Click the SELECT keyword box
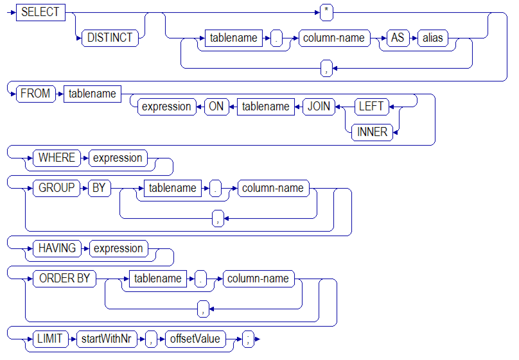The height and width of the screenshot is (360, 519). (x=40, y=12)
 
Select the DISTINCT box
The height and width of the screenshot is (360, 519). (x=110, y=38)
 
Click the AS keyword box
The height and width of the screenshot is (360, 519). (x=397, y=38)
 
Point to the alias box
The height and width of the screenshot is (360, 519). (x=432, y=38)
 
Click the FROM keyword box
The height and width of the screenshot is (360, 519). (x=35, y=93)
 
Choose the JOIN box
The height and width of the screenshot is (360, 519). (x=319, y=106)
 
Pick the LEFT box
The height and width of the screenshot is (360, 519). (x=371, y=106)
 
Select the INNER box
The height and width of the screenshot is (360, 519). (x=372, y=132)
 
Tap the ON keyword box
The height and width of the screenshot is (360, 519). (x=216, y=106)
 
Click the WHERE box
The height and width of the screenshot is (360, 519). (x=57, y=158)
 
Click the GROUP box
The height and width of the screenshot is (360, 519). (x=56, y=188)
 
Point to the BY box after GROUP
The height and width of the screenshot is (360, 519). (x=99, y=188)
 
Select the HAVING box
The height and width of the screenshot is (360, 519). (x=57, y=248)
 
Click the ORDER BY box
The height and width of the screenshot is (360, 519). (x=64, y=278)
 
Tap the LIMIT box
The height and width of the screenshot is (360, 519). (x=50, y=339)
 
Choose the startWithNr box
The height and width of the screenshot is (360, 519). (x=106, y=339)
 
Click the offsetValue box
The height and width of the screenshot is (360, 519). (x=195, y=339)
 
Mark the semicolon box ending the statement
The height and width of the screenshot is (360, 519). (x=248, y=339)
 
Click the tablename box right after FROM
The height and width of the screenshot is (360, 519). (x=92, y=94)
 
